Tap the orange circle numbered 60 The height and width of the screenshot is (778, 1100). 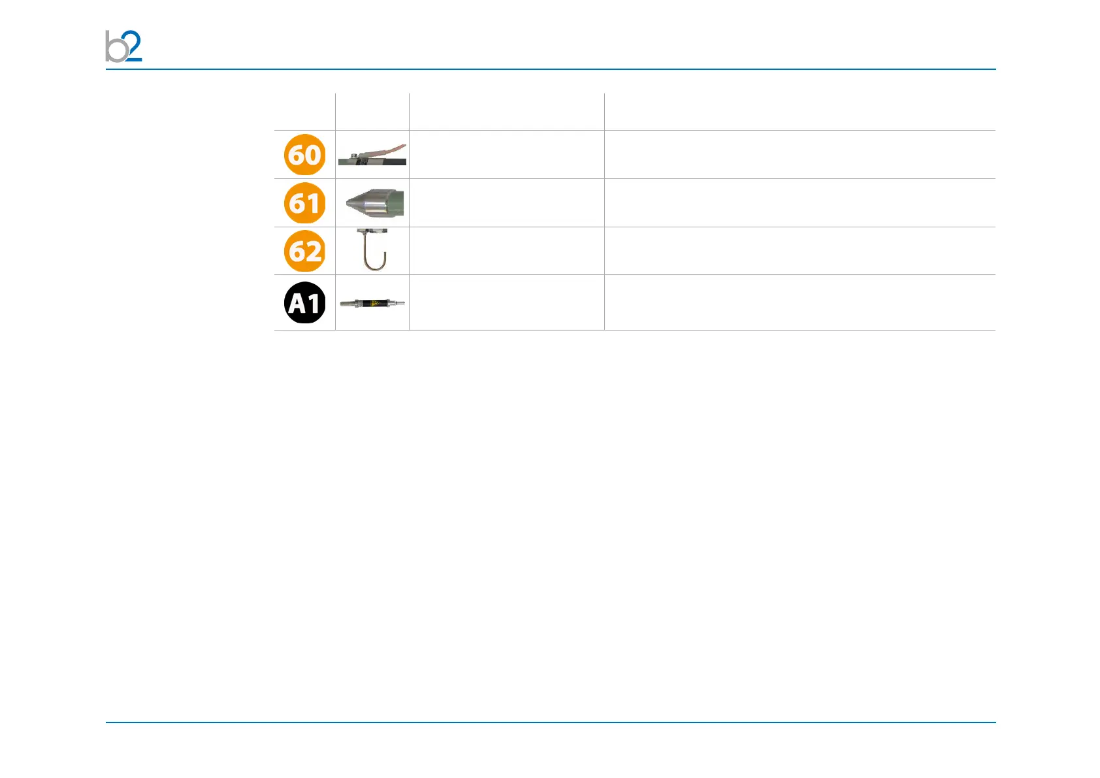(305, 155)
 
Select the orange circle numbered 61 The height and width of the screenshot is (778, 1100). (305, 203)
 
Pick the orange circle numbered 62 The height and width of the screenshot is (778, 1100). (305, 251)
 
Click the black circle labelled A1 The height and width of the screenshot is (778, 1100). (305, 303)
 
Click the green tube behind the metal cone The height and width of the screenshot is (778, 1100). (398, 203)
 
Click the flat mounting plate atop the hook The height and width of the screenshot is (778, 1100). (372, 231)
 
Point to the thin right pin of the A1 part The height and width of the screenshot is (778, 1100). (398, 303)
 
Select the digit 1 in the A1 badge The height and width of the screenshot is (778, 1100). (314, 303)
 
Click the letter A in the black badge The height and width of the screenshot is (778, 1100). (297, 304)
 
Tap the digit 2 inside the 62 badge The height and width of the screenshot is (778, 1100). (314, 251)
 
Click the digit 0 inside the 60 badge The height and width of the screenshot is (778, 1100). (314, 155)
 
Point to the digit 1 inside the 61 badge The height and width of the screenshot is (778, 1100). (314, 203)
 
